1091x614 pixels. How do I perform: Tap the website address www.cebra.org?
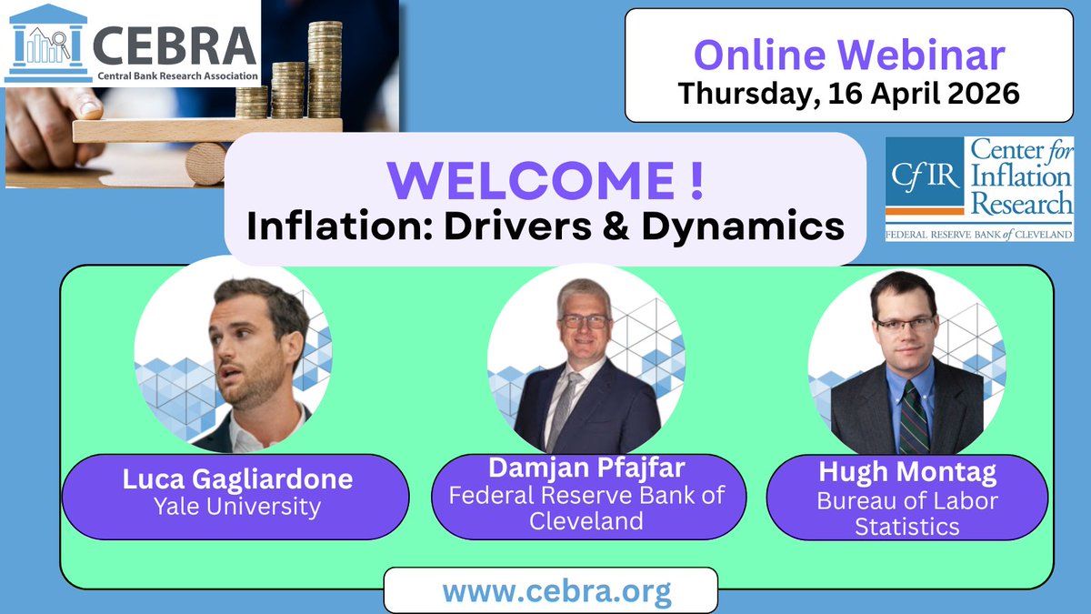coord(556,591)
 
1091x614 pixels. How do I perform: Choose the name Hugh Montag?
coord(906,474)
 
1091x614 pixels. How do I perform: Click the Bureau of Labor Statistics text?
coord(906,513)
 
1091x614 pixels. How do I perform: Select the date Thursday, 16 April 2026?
coord(849,92)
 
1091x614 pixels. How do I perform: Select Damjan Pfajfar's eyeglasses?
coord(584,321)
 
